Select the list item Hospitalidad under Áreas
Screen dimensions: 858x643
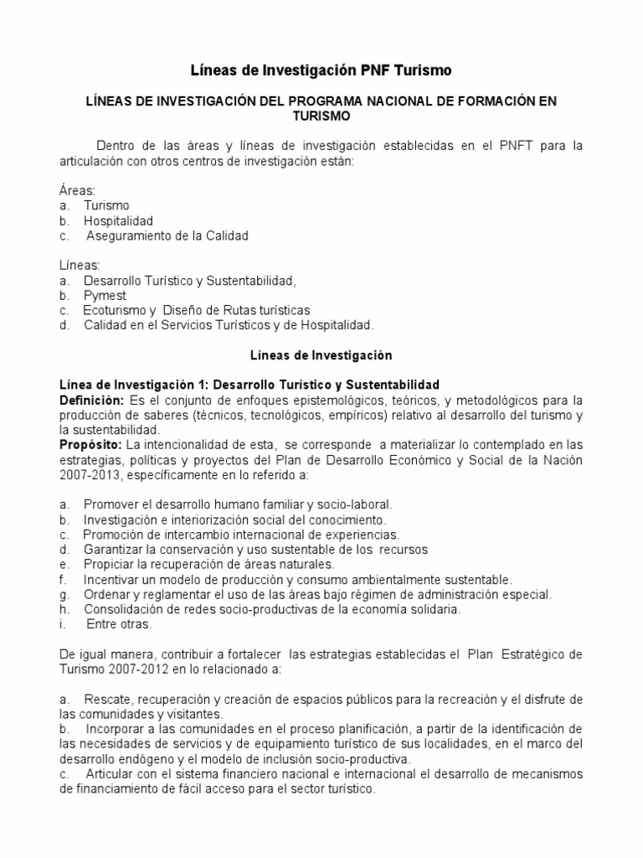(118, 220)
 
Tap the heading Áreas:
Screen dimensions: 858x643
(78, 190)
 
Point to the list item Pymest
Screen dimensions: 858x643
(105, 295)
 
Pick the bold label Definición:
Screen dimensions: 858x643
(91, 400)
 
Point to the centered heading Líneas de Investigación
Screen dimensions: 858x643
(321, 355)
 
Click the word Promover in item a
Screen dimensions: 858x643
(110, 504)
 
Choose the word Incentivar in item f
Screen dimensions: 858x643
(113, 579)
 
